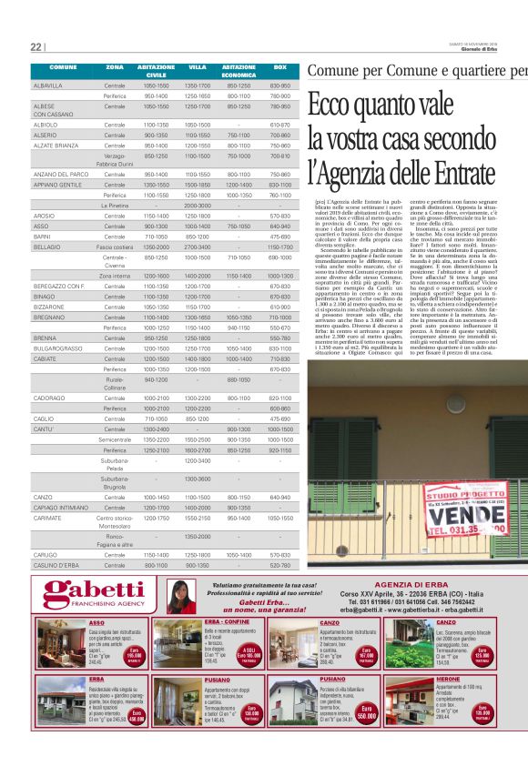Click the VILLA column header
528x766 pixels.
[x=198, y=68]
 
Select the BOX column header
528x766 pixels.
[x=280, y=68]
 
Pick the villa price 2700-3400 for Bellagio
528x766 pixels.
[x=198, y=247]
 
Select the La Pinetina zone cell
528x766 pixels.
[x=115, y=206]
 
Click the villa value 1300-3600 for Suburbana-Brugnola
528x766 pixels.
[x=198, y=478]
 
